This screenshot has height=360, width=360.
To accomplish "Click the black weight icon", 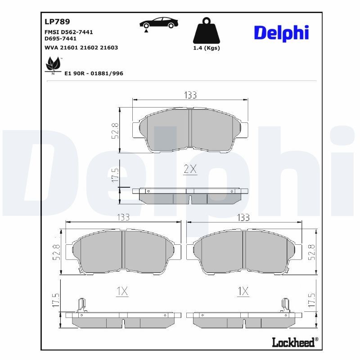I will point(207,31).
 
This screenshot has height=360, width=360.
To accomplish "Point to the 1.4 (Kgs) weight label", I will point(207,48).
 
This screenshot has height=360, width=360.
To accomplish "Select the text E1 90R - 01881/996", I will point(94,73).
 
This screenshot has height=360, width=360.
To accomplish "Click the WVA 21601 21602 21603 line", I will point(81,47).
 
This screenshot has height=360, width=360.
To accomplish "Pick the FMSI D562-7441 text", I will point(72,32).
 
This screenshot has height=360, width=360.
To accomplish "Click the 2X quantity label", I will point(190,169).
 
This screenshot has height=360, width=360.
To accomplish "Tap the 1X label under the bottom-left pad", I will point(121,291).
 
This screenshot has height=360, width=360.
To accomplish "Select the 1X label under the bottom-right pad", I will point(243,291).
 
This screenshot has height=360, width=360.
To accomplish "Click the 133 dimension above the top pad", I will point(190,94).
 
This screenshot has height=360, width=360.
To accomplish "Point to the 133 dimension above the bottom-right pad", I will point(243,217).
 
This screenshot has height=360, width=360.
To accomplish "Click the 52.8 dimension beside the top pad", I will point(115,130).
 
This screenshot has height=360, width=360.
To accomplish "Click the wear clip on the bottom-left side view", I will point(81,305).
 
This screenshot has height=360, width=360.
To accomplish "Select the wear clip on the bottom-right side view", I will point(284,305).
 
